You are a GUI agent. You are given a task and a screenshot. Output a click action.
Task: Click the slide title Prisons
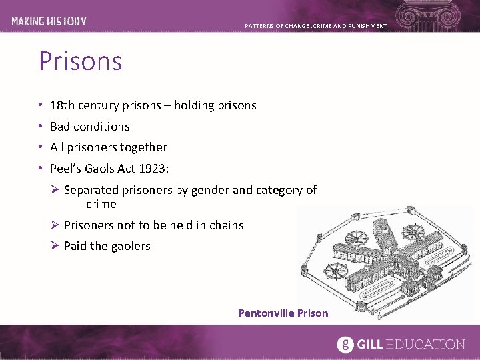(x=81, y=61)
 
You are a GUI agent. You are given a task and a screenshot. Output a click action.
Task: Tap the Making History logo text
(x=49, y=21)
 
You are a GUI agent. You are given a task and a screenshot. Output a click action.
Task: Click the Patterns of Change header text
(x=315, y=26)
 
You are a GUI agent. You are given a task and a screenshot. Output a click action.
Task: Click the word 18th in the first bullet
(x=63, y=105)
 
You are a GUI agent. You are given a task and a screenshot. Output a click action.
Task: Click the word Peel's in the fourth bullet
(x=66, y=168)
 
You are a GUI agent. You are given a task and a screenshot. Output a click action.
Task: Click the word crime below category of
(x=101, y=204)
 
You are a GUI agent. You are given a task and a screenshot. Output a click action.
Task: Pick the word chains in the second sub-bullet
(x=227, y=225)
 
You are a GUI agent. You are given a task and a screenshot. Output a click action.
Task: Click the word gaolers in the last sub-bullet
(x=131, y=246)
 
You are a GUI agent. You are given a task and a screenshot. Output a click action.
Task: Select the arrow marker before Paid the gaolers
(x=55, y=246)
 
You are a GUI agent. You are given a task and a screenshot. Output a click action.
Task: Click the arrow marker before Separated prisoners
(x=55, y=190)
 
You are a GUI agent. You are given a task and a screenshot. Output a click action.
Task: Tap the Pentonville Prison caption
(x=283, y=313)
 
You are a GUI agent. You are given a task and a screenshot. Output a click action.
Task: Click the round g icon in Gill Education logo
(x=345, y=344)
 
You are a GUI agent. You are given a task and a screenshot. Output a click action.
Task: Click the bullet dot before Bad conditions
(x=41, y=126)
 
